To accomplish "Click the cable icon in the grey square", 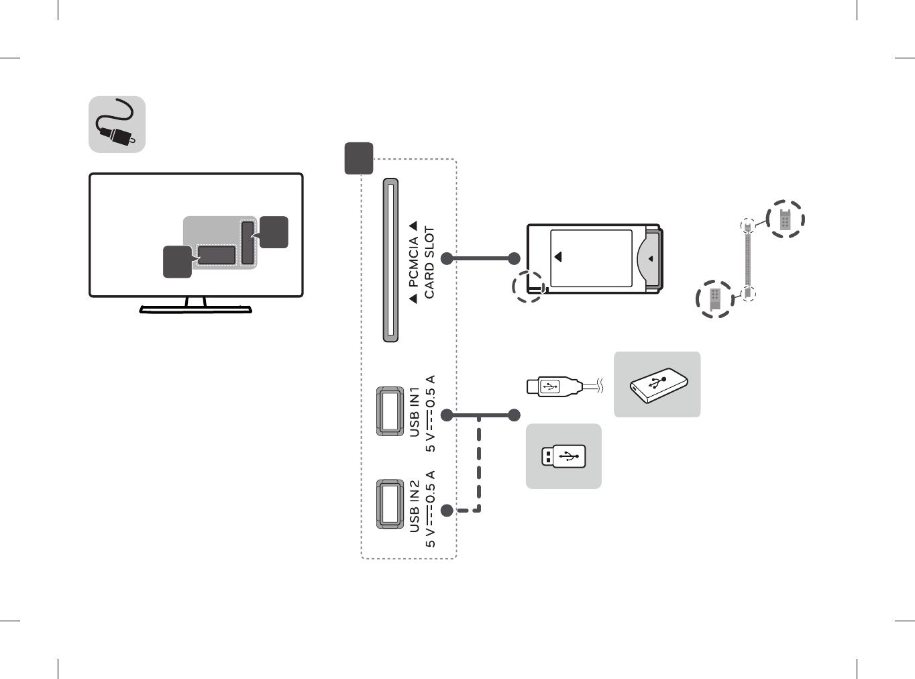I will pyautogui.click(x=117, y=125).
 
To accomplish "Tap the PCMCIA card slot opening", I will pyautogui.click(x=390, y=260).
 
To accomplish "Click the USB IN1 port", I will pyautogui.click(x=390, y=411).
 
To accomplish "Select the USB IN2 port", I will pyautogui.click(x=390, y=503).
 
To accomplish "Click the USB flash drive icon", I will pyautogui.click(x=563, y=456).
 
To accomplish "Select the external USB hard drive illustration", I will pyautogui.click(x=657, y=385).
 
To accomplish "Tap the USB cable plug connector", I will pyautogui.click(x=553, y=386).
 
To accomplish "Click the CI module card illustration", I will pyautogui.click(x=594, y=259).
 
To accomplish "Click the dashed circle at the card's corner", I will pyautogui.click(x=528, y=286).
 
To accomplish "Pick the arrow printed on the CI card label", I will pyautogui.click(x=557, y=257).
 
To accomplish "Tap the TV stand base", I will pyautogui.click(x=195, y=309).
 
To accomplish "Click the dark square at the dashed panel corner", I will pyautogui.click(x=359, y=158).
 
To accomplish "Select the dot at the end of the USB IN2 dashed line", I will pyautogui.click(x=447, y=511).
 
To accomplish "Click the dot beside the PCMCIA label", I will pyautogui.click(x=447, y=258).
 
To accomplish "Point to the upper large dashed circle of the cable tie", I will pyautogui.click(x=785, y=219).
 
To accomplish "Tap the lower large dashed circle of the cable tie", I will pyautogui.click(x=715, y=299).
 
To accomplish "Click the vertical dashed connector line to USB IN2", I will pyautogui.click(x=479, y=463).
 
